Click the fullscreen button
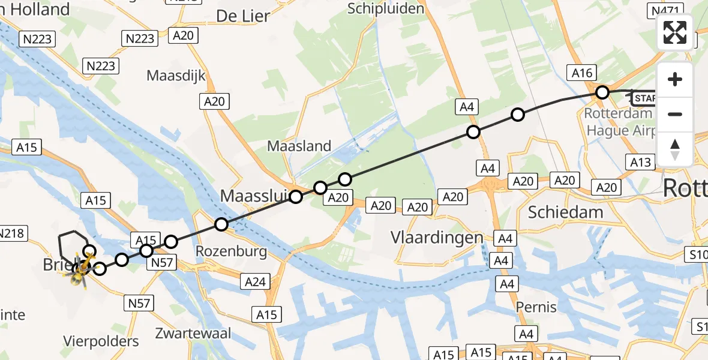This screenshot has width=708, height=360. tap(675, 32)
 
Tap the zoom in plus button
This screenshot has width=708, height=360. tap(675, 79)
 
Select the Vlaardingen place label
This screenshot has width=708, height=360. tap(437, 237)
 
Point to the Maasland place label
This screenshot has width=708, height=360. tap(299, 146)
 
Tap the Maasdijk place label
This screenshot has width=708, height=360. tap(176, 76)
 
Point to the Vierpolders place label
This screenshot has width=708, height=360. tap(101, 341)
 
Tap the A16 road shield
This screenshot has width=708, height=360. tap(582, 73)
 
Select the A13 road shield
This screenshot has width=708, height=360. tap(640, 161)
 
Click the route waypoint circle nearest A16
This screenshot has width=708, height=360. tap(602, 92)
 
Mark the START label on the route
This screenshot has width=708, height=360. tap(646, 98)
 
